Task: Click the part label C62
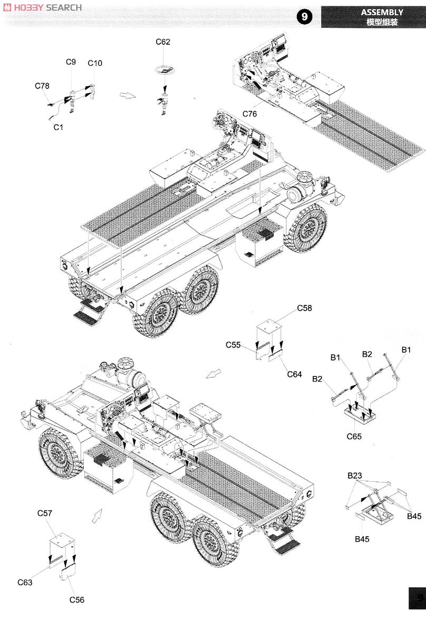point(163,42)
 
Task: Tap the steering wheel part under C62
point(163,69)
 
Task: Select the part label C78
point(42,86)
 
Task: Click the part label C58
point(304,308)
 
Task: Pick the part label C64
point(295,374)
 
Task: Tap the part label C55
point(233,345)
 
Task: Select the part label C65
point(354,437)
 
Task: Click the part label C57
point(45,513)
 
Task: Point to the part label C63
point(25,582)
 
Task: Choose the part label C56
point(76,600)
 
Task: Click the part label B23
point(354,476)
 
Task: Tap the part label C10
point(95,63)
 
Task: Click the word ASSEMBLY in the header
point(382,12)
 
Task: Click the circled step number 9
point(305,17)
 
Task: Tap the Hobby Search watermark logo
point(42,7)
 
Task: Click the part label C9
point(71,62)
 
